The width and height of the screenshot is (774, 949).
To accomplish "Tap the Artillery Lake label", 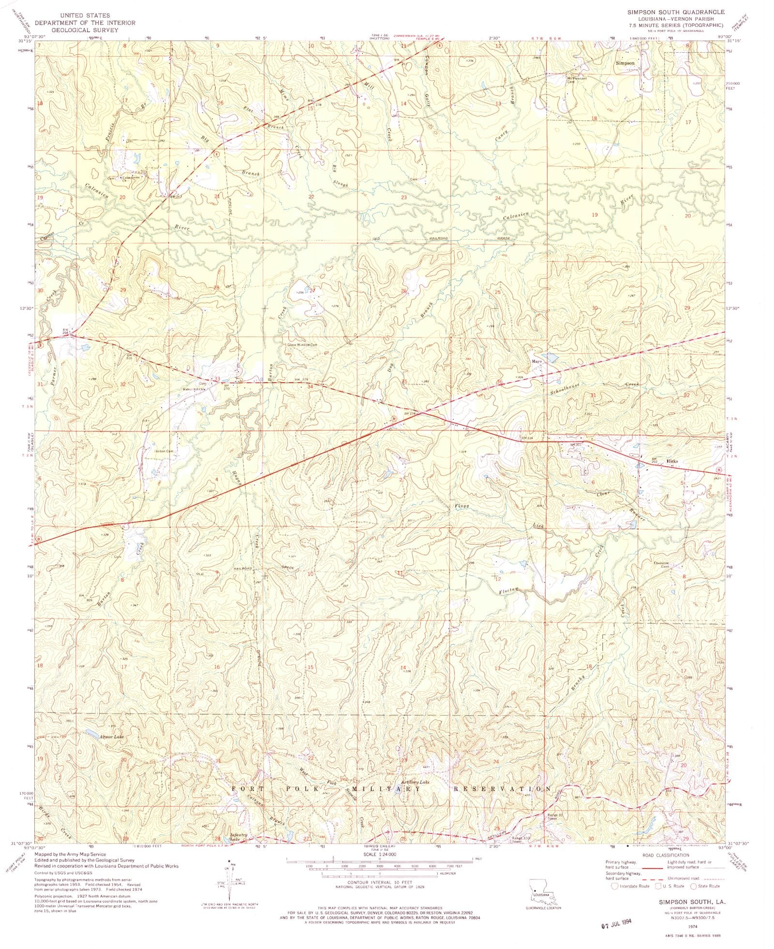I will click(415, 782).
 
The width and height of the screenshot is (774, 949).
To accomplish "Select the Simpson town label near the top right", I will click(625, 63).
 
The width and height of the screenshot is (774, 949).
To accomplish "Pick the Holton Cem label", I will click(164, 451).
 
